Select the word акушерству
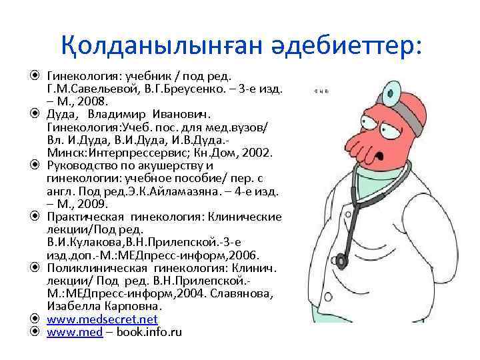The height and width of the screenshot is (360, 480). coord(171,166)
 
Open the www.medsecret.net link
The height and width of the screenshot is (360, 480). coord(102,319)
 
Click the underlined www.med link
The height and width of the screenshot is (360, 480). coord(74,332)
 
